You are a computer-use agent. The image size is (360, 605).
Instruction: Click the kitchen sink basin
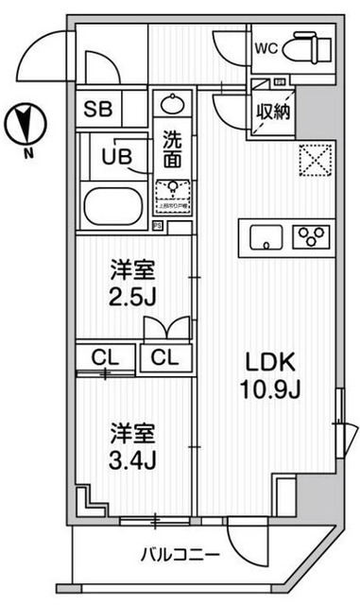(x=267, y=235)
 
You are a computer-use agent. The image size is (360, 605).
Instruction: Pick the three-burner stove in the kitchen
(x=312, y=234)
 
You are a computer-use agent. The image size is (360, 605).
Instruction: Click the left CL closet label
(x=105, y=359)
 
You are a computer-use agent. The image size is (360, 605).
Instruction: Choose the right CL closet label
(x=164, y=359)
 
